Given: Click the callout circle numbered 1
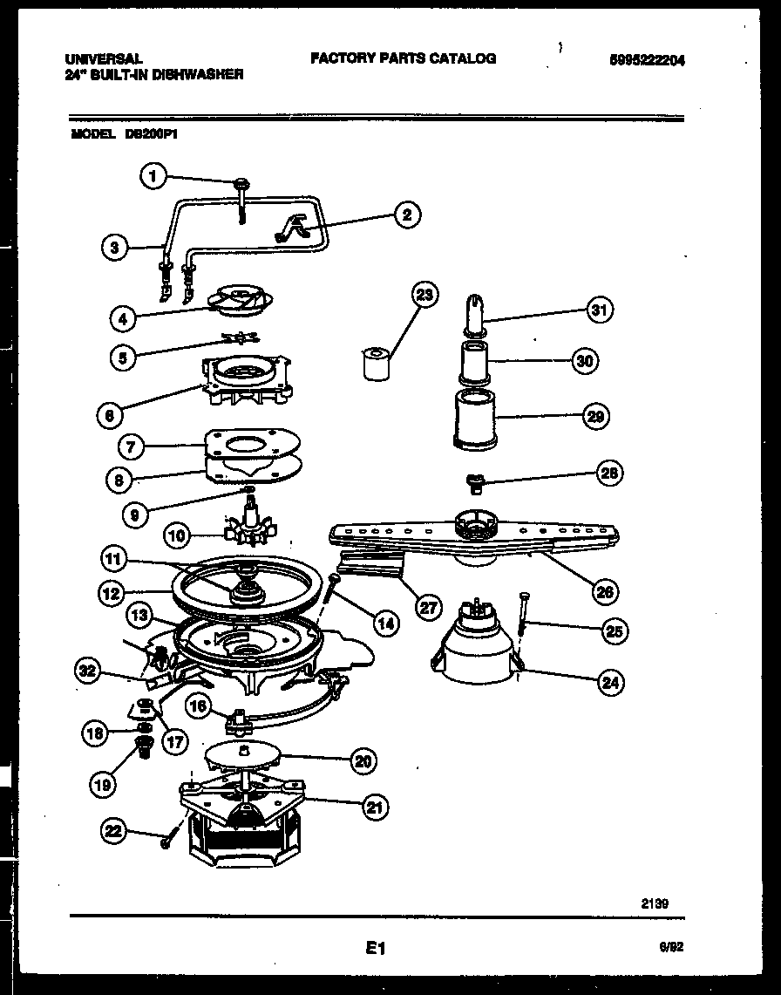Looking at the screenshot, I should tap(153, 177).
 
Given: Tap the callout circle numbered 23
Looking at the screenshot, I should tap(424, 295).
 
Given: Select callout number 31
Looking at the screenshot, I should tap(599, 310).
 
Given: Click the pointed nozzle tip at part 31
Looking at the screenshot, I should tap(475, 310).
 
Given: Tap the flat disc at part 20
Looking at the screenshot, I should tap(243, 755).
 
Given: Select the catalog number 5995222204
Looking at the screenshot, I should tap(647, 60).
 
